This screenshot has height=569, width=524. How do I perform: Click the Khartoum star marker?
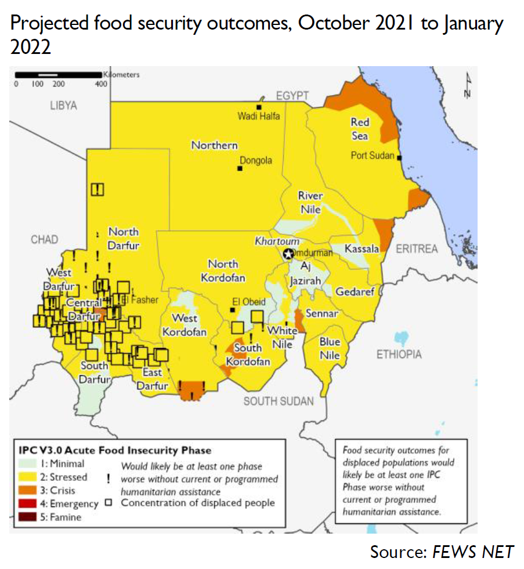coord(288,253)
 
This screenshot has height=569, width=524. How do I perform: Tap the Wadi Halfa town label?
coord(258,116)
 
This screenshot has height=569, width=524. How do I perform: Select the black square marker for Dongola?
coord(239,168)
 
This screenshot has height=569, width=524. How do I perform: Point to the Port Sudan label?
coord(373,155)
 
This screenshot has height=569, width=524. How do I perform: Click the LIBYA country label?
coord(63,106)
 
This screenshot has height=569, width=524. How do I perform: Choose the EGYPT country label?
coord(292,96)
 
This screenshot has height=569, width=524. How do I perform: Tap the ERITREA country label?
coord(417,249)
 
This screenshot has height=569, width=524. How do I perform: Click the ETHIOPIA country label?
coord(399,354)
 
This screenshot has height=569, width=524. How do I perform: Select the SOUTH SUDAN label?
coord(279,401)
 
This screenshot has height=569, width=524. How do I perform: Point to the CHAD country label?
coord(45,240)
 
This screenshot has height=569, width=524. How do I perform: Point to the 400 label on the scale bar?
coord(102,84)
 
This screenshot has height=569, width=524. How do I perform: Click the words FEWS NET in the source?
coord(473,551)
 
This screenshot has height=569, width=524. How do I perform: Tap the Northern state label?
coord(214,145)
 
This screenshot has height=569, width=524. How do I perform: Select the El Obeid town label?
coord(248,302)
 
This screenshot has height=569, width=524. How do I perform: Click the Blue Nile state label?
coord(330,348)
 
